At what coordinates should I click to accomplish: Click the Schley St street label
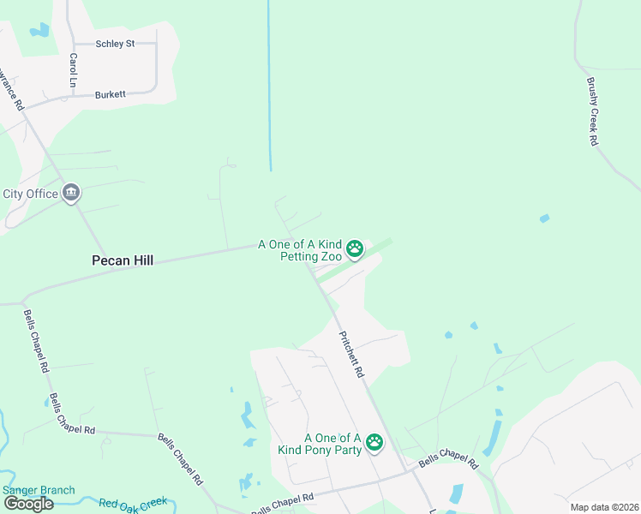tap(115, 43)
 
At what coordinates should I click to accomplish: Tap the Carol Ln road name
tap(74, 70)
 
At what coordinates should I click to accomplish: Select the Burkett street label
tap(111, 94)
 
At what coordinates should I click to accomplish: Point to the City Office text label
tap(31, 194)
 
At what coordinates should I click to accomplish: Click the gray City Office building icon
tap(71, 194)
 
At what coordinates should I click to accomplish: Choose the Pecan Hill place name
tap(123, 260)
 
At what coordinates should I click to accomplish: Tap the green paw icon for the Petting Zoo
tap(355, 250)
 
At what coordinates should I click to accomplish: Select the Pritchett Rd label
tap(352, 356)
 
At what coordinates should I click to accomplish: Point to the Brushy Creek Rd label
tap(592, 111)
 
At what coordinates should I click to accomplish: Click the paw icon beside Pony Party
tap(374, 442)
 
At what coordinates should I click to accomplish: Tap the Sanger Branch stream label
tap(39, 491)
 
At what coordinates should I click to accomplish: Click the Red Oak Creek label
tap(133, 503)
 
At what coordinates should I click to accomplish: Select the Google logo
tap(28, 504)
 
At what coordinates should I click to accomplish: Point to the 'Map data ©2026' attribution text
tap(604, 507)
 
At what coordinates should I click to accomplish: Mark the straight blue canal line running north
tap(269, 86)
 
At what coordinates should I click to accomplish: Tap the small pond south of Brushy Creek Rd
tap(544, 218)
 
